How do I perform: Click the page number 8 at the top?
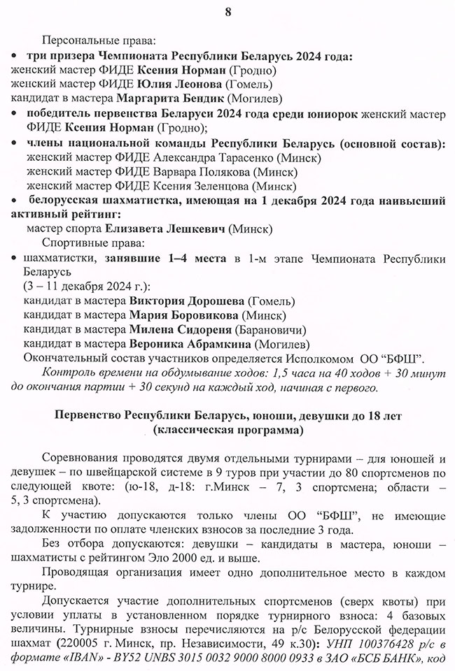[x=227, y=11]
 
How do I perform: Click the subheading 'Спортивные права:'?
[x=96, y=243]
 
